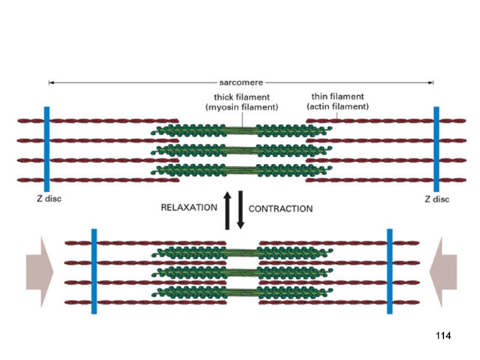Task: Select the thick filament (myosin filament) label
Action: click(242, 102)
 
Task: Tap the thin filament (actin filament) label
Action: click(337, 101)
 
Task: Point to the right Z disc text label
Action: click(436, 199)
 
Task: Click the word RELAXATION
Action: click(189, 208)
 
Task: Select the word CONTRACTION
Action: click(280, 209)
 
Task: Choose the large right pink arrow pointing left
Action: click(443, 271)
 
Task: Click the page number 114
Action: click(442, 335)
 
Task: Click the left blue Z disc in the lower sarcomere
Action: click(94, 271)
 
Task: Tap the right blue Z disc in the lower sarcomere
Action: click(389, 271)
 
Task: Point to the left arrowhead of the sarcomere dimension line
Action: click(51, 83)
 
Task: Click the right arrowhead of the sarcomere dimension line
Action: click(431, 83)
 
